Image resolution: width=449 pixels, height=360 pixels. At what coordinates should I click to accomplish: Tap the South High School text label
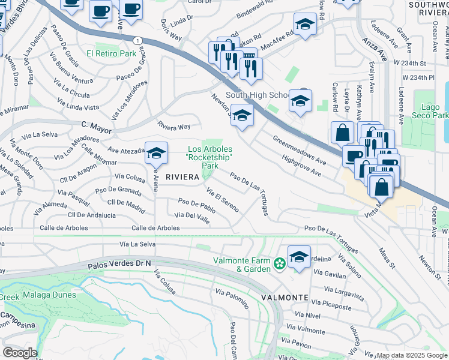click(x=257, y=95)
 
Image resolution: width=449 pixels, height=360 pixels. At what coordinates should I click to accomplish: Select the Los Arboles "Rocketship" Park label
click(x=209, y=157)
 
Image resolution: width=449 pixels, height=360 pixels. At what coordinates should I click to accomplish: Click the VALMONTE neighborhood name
click(x=285, y=298)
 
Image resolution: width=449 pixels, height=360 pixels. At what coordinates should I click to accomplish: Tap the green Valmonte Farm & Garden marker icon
click(x=279, y=263)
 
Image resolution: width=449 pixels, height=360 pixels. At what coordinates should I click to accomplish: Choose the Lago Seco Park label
click(x=431, y=111)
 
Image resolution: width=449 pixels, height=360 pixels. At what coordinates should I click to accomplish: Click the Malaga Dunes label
click(x=50, y=295)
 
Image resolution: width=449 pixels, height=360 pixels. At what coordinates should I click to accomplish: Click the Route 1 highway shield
click(x=138, y=40)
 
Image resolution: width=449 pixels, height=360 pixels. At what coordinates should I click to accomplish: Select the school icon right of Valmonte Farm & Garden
click(x=299, y=257)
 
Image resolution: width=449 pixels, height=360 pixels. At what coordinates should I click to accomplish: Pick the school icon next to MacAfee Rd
click(x=305, y=25)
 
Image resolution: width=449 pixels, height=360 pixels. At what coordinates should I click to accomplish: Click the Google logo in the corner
click(x=20, y=353)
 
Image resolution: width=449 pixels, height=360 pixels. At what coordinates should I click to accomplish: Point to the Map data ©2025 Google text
click(x=412, y=355)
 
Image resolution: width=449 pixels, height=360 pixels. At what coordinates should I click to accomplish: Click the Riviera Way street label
click(x=173, y=127)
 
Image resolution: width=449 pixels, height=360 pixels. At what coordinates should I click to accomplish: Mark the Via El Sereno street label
click(x=223, y=200)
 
